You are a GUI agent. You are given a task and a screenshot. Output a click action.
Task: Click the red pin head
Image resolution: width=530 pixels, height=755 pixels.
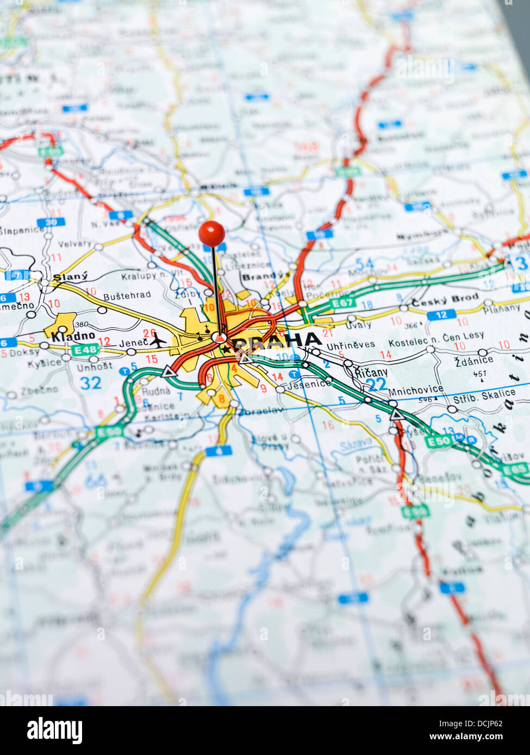coord(211,233)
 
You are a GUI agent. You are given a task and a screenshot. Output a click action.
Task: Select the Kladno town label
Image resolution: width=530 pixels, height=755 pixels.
coord(73,336)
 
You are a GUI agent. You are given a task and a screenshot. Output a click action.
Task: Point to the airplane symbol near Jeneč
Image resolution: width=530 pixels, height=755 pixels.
coord(158,341)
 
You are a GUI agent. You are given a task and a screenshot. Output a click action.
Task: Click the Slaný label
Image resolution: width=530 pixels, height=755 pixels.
coord(70,276)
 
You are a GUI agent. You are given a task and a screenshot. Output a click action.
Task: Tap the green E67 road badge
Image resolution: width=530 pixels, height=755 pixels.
coord(343,303)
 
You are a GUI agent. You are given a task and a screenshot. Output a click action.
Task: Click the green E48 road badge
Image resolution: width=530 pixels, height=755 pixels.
coord(85,350)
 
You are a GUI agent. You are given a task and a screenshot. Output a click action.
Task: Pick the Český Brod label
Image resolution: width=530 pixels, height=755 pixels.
coord(445,299)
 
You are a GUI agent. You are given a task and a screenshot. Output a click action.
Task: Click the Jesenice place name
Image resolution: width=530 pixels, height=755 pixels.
coord(310,383)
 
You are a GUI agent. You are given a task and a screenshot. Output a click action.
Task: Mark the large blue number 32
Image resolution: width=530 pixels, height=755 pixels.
coord(90,383)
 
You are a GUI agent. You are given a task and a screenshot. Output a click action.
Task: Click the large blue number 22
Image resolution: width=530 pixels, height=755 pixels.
coord(376,385)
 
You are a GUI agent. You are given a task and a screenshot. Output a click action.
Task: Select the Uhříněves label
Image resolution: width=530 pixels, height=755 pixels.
coord(351,344)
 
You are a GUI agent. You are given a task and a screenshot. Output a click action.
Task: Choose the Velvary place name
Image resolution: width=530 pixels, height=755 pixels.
coord(74,244)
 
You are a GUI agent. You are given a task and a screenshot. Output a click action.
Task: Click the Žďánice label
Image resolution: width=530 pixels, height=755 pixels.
coord(474,360)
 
